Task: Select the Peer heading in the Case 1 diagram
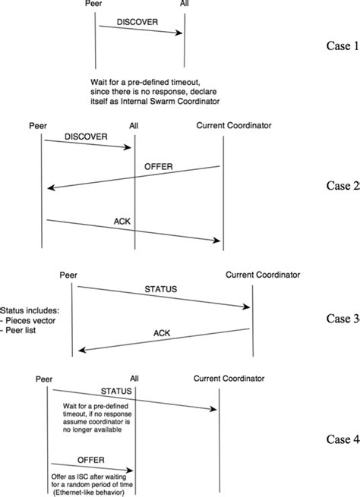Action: point(96,5)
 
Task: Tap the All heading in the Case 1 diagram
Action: point(184,5)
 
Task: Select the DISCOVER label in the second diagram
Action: point(87,137)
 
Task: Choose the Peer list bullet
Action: point(22,332)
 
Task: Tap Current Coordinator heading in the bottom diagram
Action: point(228,377)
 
